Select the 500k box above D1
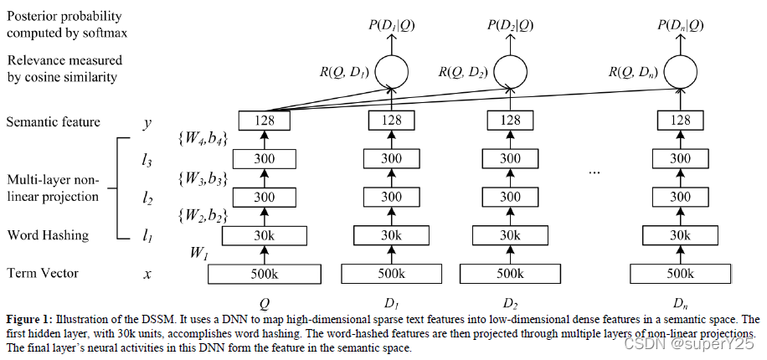point(390,273)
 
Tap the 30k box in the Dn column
point(681,235)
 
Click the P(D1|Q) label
point(390,25)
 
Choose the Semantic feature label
point(53,122)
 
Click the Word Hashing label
point(48,235)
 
